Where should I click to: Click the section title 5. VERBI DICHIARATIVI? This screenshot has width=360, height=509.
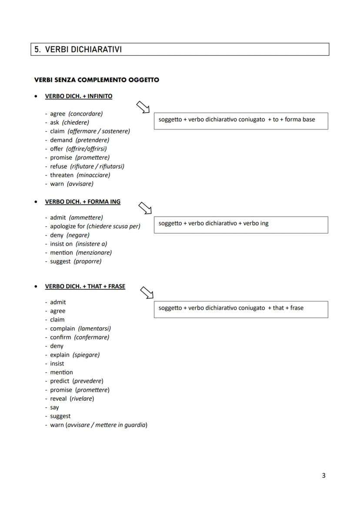coord(78,50)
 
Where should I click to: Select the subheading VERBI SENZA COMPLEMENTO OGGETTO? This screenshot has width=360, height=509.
coord(97,80)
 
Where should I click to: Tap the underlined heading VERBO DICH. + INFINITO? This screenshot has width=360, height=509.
coord(79,96)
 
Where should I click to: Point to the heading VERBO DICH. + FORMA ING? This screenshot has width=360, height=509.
coord(83,202)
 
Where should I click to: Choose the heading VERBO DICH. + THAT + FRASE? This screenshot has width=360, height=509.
coord(85,286)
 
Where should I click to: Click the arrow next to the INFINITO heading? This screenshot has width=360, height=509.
coord(143,107)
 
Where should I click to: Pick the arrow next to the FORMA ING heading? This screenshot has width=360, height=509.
coord(145,208)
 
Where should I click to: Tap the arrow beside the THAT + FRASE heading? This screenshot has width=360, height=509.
coord(147,293)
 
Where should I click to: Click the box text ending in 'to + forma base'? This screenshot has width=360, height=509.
coord(237,120)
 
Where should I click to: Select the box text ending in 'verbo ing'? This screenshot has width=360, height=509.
coord(213,223)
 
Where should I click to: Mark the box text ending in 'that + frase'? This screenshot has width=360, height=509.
coord(231,308)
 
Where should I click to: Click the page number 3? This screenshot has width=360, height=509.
coord(323,476)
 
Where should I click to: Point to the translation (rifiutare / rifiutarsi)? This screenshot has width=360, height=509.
coord(97,166)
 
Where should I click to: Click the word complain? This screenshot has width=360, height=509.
coord(62,329)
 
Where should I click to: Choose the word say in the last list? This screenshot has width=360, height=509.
coord(54,408)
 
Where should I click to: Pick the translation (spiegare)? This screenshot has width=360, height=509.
coord(86,355)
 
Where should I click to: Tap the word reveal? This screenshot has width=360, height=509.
coord(58,399)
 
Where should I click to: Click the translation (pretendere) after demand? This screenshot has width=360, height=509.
coord(92,140)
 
